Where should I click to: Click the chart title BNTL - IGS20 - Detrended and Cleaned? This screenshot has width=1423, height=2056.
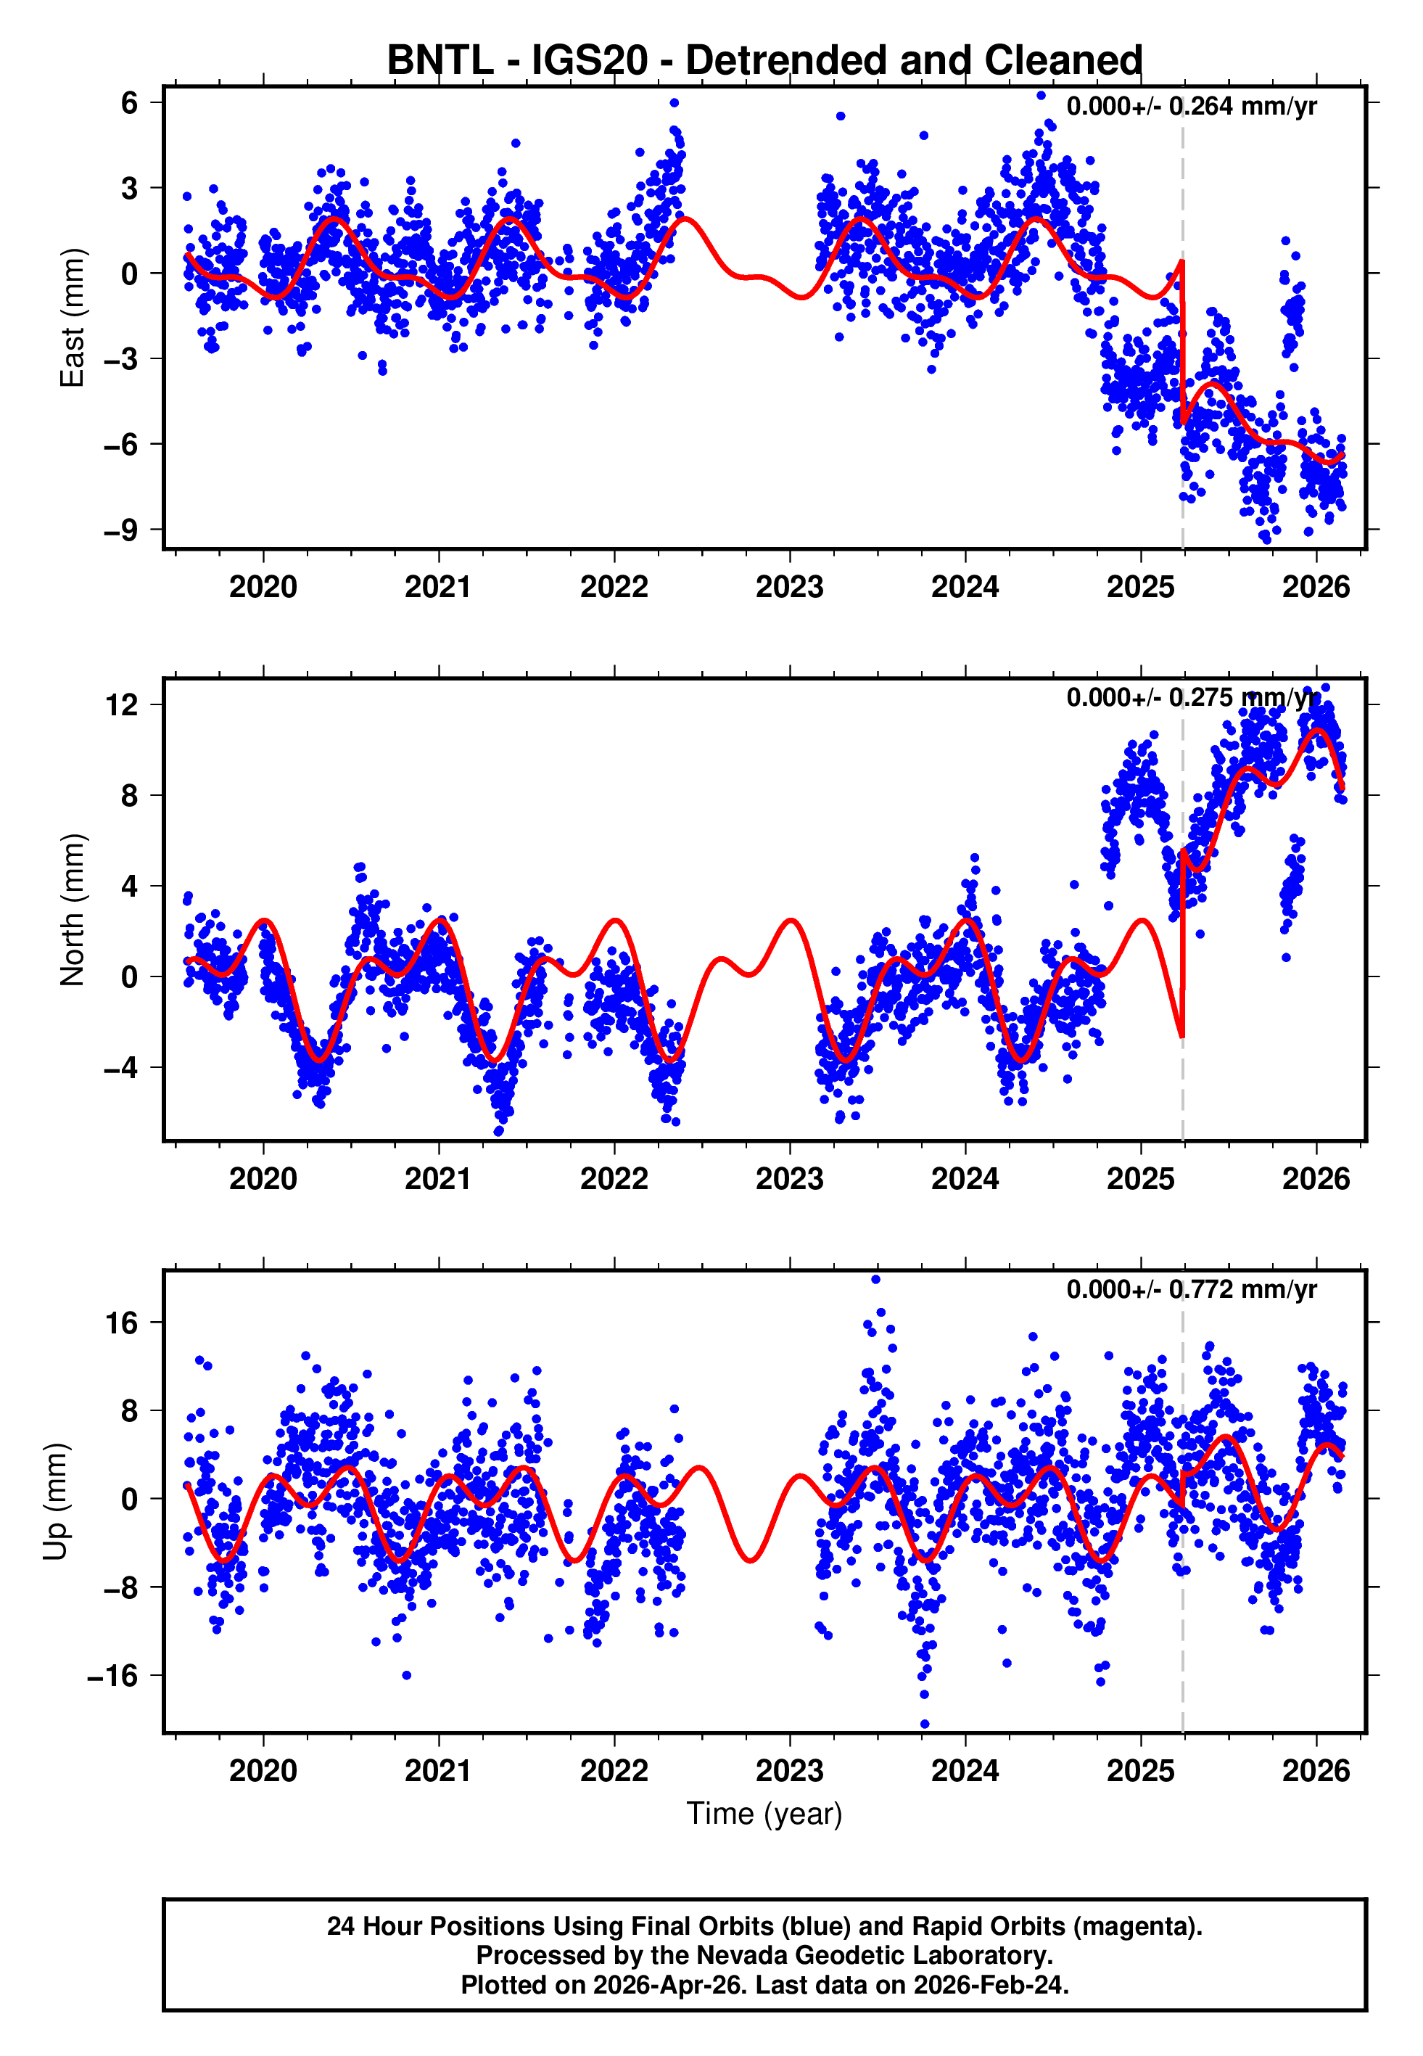point(764,61)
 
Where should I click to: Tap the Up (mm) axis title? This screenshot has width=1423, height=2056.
point(55,1502)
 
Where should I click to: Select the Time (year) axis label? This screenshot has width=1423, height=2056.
point(764,1814)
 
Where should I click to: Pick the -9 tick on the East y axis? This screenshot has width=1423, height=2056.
point(121,530)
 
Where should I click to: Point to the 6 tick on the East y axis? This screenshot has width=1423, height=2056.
point(130,102)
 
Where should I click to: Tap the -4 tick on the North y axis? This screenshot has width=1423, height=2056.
point(121,1067)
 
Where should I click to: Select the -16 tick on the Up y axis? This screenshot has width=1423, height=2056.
point(113,1676)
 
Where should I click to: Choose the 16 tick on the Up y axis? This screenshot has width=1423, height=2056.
point(122,1323)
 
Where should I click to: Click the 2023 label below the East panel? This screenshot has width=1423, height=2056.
point(789,588)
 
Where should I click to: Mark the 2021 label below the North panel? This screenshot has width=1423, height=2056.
point(438,1180)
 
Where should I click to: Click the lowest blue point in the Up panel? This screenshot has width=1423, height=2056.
point(925,1724)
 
